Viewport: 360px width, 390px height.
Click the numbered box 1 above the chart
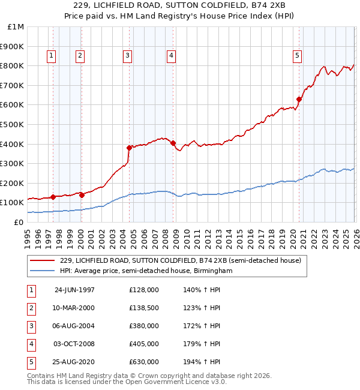[51, 56]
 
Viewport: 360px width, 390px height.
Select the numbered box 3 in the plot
[128, 56]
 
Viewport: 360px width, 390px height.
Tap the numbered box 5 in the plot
[297, 56]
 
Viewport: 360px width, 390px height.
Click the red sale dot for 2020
[299, 100]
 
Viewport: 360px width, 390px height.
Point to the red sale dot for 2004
[129, 148]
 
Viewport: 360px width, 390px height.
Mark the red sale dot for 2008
[173, 143]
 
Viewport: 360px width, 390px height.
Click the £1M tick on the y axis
[16, 27]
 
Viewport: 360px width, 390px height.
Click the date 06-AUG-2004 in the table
[74, 326]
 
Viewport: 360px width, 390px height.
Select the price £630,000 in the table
[143, 362]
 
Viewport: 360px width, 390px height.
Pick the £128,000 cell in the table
[143, 290]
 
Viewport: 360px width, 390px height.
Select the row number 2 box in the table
[30, 308]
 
